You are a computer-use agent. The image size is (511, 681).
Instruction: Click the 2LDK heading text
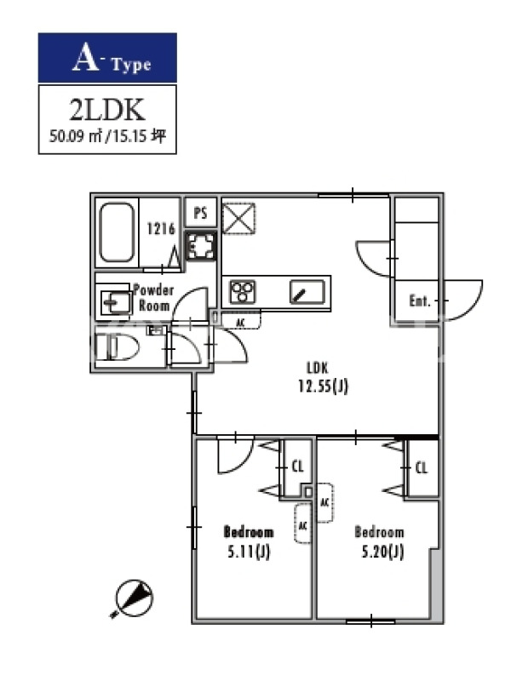tap(107, 110)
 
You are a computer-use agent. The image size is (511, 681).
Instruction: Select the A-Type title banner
tap(107, 58)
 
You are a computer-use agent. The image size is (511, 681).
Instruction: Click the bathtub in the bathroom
tap(117, 232)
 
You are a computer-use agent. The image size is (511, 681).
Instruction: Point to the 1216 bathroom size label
tap(161, 228)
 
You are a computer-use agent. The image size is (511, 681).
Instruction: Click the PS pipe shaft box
tap(200, 213)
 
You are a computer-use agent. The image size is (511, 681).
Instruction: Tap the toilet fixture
tap(117, 347)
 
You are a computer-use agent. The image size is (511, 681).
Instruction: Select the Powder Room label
tap(154, 297)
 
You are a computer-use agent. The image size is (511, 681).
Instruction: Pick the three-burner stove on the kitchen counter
tap(243, 292)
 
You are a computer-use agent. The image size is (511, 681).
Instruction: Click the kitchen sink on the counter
tap(307, 292)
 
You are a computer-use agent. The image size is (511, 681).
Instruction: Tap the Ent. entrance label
tap(419, 300)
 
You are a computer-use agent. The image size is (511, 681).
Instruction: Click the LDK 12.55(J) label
tap(323, 377)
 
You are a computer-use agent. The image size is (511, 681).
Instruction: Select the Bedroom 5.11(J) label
tap(249, 542)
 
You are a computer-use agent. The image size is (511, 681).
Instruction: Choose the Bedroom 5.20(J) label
tap(380, 542)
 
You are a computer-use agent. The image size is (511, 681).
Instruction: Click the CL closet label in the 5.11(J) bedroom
tap(297, 467)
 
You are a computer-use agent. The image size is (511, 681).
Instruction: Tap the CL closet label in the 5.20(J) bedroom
tap(422, 467)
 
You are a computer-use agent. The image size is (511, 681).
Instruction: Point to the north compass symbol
tap(134, 598)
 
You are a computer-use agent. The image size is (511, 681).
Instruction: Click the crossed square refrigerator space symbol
tap(238, 219)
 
